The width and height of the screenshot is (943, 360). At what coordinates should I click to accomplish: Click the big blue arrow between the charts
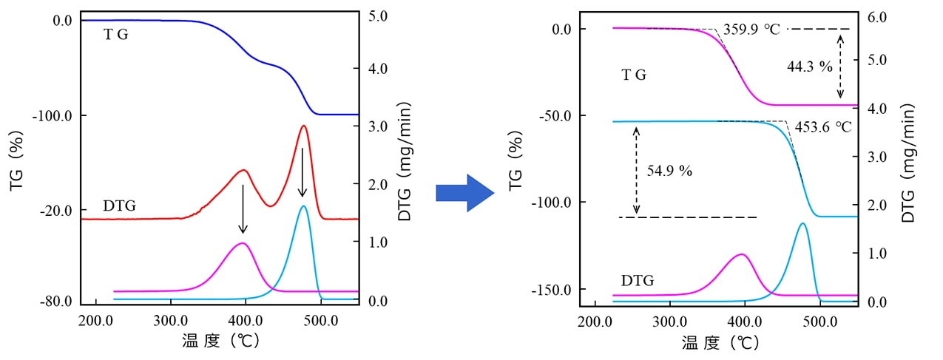point(464,194)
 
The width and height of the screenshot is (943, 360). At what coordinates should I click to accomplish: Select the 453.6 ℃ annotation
point(823,126)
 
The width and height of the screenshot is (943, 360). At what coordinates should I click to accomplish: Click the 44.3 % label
point(810,67)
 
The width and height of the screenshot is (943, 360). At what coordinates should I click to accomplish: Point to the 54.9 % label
point(669,171)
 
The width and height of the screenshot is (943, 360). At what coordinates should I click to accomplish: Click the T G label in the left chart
point(115,34)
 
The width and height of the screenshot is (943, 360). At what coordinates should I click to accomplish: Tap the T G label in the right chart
point(634,75)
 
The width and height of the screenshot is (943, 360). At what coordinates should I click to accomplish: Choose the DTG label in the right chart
point(638,281)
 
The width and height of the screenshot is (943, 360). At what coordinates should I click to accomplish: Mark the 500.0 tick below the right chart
point(819,322)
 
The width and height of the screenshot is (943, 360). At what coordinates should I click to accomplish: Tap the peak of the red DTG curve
point(303,126)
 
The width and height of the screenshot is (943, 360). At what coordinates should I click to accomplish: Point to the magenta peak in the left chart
point(242,243)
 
